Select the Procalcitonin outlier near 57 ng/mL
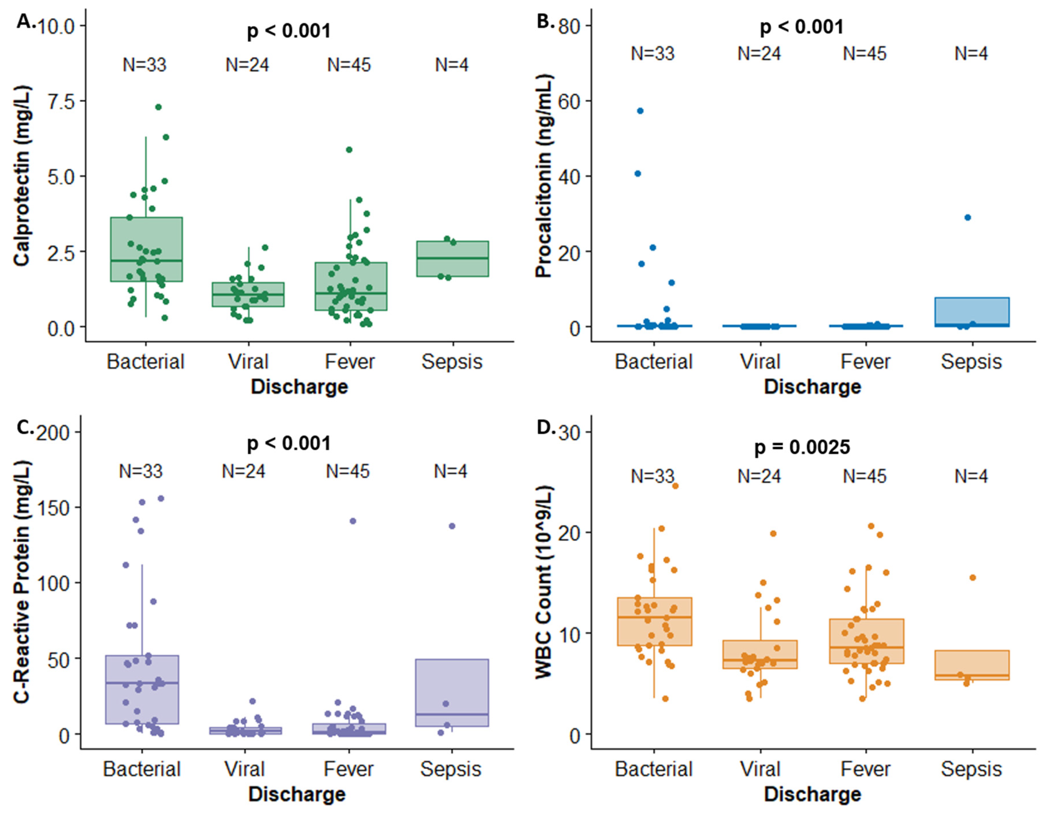click(x=640, y=111)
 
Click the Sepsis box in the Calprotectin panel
click(x=452, y=259)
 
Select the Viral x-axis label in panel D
click(x=760, y=769)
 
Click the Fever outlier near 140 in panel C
click(x=353, y=521)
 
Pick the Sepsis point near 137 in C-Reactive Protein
click(x=452, y=526)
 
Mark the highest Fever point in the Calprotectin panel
click(x=349, y=149)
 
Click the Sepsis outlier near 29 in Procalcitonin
click(x=967, y=217)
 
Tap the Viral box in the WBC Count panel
click(x=760, y=654)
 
